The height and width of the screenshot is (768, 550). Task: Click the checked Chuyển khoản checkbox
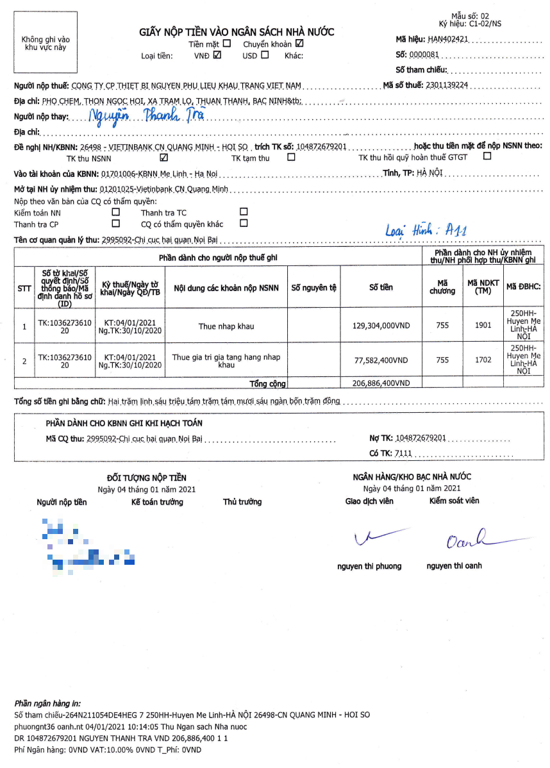point(299,44)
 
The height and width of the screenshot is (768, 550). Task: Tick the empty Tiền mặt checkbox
point(227,44)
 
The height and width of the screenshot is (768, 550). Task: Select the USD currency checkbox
point(265,55)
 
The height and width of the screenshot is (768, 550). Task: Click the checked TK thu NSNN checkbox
point(163,157)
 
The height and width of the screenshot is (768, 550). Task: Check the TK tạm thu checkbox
point(291,157)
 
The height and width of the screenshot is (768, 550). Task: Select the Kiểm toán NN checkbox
point(116,212)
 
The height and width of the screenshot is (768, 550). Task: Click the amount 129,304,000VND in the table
point(381,326)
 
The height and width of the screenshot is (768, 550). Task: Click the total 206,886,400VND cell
point(381,383)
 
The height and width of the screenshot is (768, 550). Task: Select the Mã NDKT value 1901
point(483,326)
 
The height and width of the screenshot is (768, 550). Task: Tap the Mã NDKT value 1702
point(483,360)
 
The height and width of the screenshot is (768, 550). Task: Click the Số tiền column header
point(381,288)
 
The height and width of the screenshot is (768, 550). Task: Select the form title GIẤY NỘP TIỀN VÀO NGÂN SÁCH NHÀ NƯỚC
point(237,32)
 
